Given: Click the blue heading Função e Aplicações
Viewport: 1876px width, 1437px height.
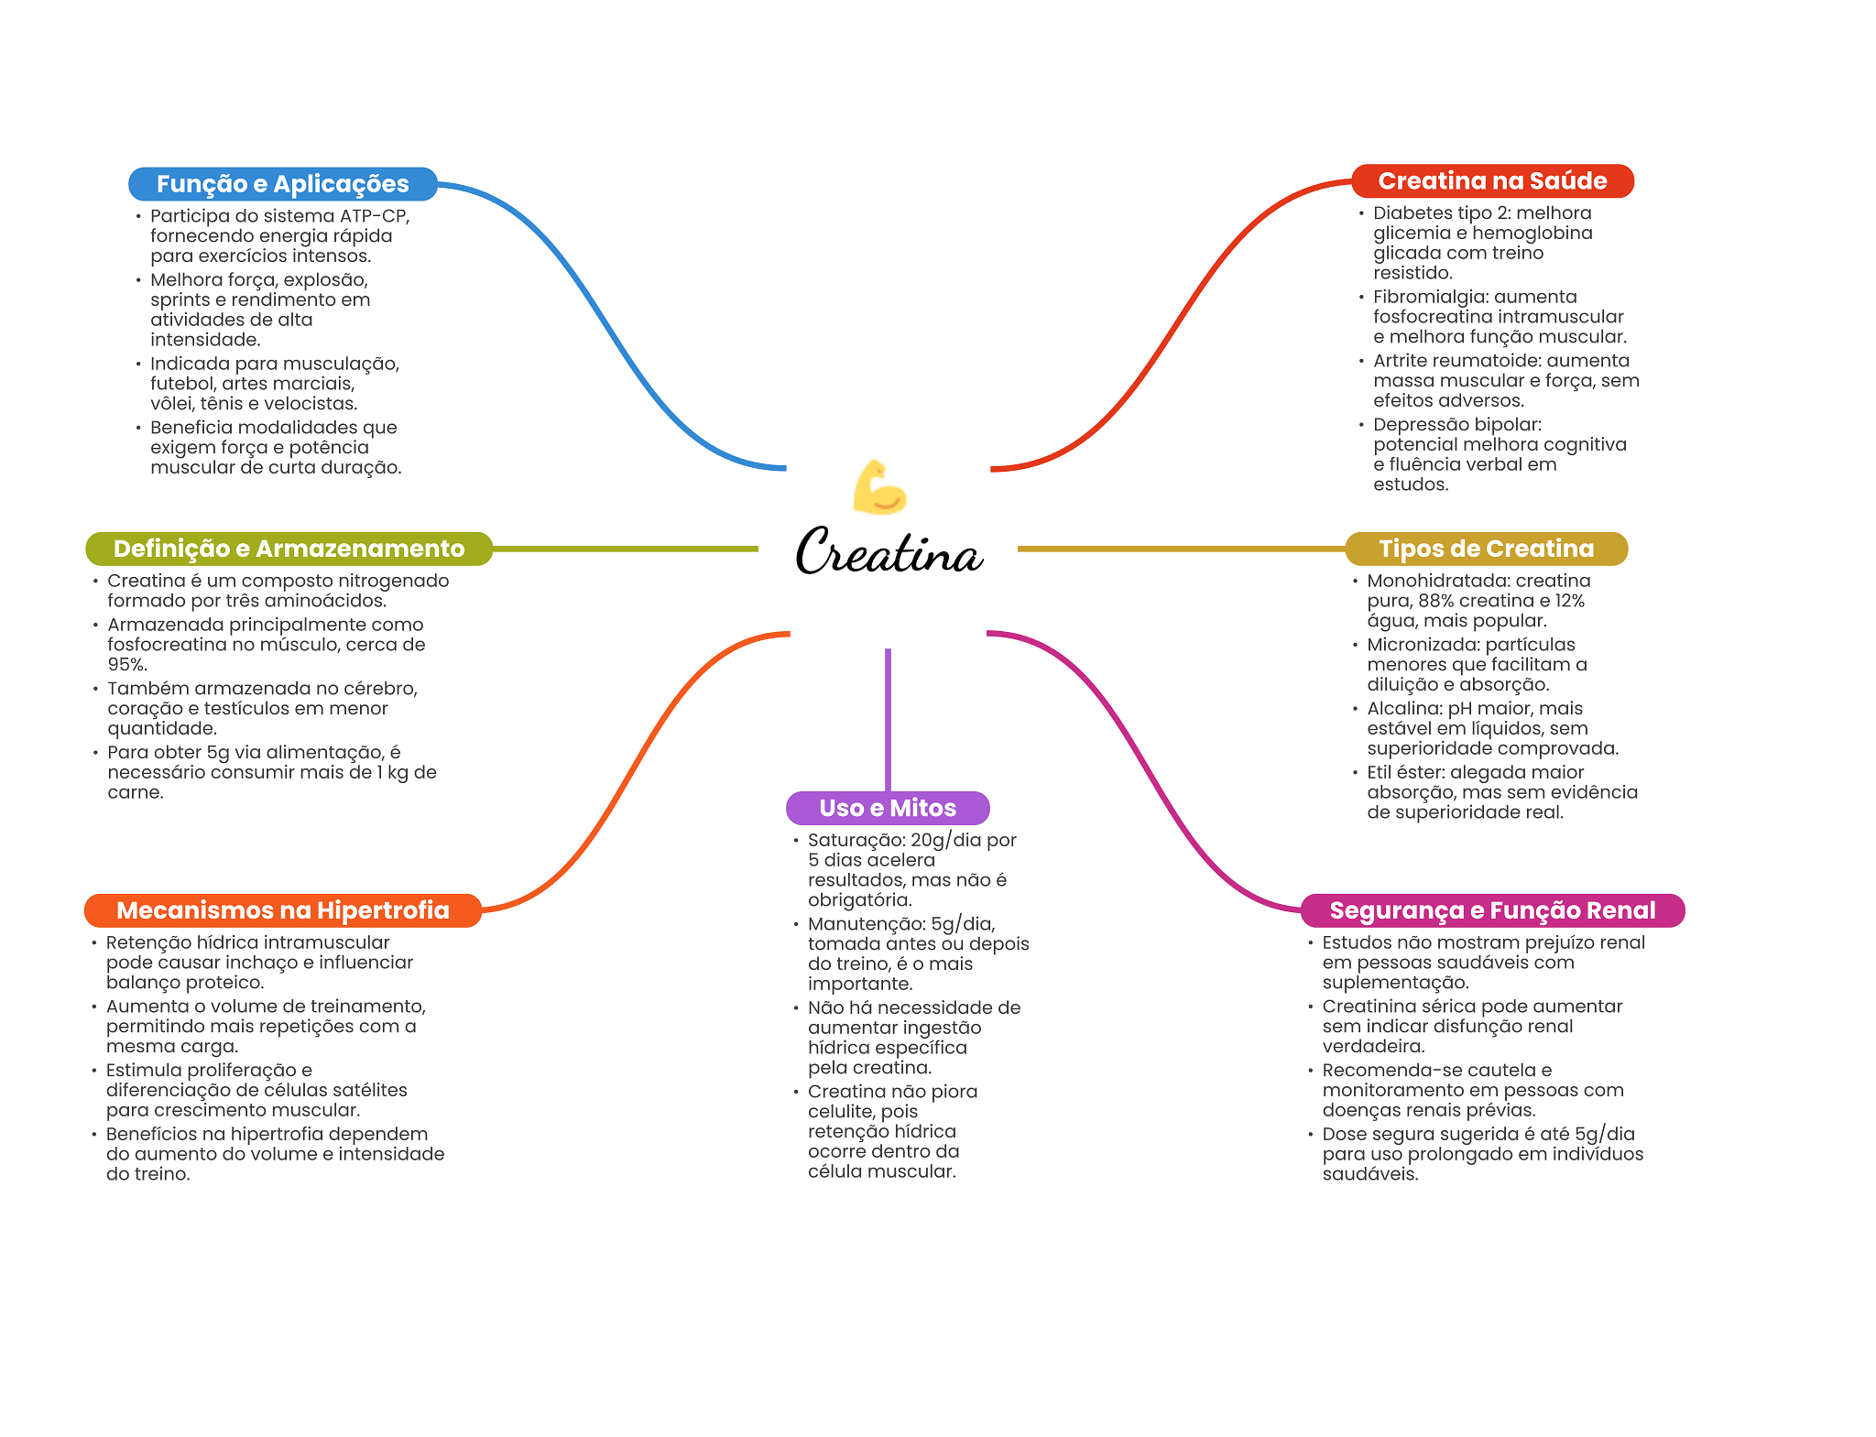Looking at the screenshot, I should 282,184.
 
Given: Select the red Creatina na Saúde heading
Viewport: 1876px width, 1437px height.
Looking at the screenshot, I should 1491,181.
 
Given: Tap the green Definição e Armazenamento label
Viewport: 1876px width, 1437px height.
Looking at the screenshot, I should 289,549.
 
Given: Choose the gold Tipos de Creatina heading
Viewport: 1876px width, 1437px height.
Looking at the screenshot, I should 1486,549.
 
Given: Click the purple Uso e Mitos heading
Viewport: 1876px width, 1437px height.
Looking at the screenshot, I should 887,808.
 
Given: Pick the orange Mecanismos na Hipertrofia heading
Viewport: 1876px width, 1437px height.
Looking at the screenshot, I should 282,910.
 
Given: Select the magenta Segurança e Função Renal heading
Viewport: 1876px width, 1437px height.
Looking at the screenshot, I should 1491,910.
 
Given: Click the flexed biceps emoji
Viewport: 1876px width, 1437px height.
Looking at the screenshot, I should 878,487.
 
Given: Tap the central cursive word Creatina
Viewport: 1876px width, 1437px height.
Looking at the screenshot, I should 889,552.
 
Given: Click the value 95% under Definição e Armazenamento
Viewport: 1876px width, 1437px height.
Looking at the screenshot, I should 125,665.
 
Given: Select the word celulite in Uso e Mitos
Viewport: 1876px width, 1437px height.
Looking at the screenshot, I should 841,1112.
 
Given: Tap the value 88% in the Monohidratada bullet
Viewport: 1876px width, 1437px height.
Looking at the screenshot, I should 1436,601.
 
